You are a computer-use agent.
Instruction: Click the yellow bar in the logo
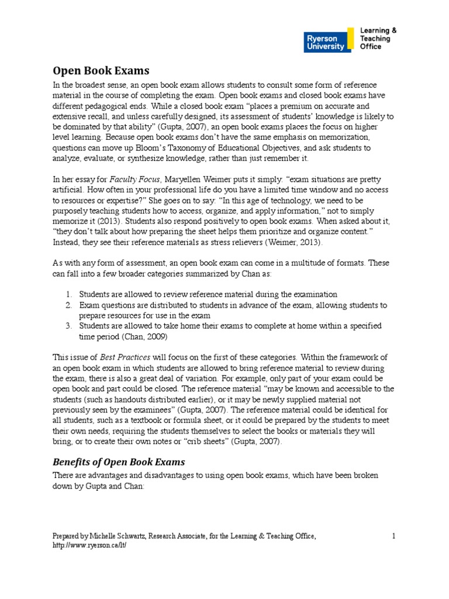350,40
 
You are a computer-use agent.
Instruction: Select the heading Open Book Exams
101,71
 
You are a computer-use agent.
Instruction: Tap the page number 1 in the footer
394,536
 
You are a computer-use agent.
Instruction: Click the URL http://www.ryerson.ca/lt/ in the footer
89,545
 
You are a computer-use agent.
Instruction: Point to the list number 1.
68,294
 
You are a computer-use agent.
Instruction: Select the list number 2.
68,305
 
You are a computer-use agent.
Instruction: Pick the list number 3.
68,326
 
